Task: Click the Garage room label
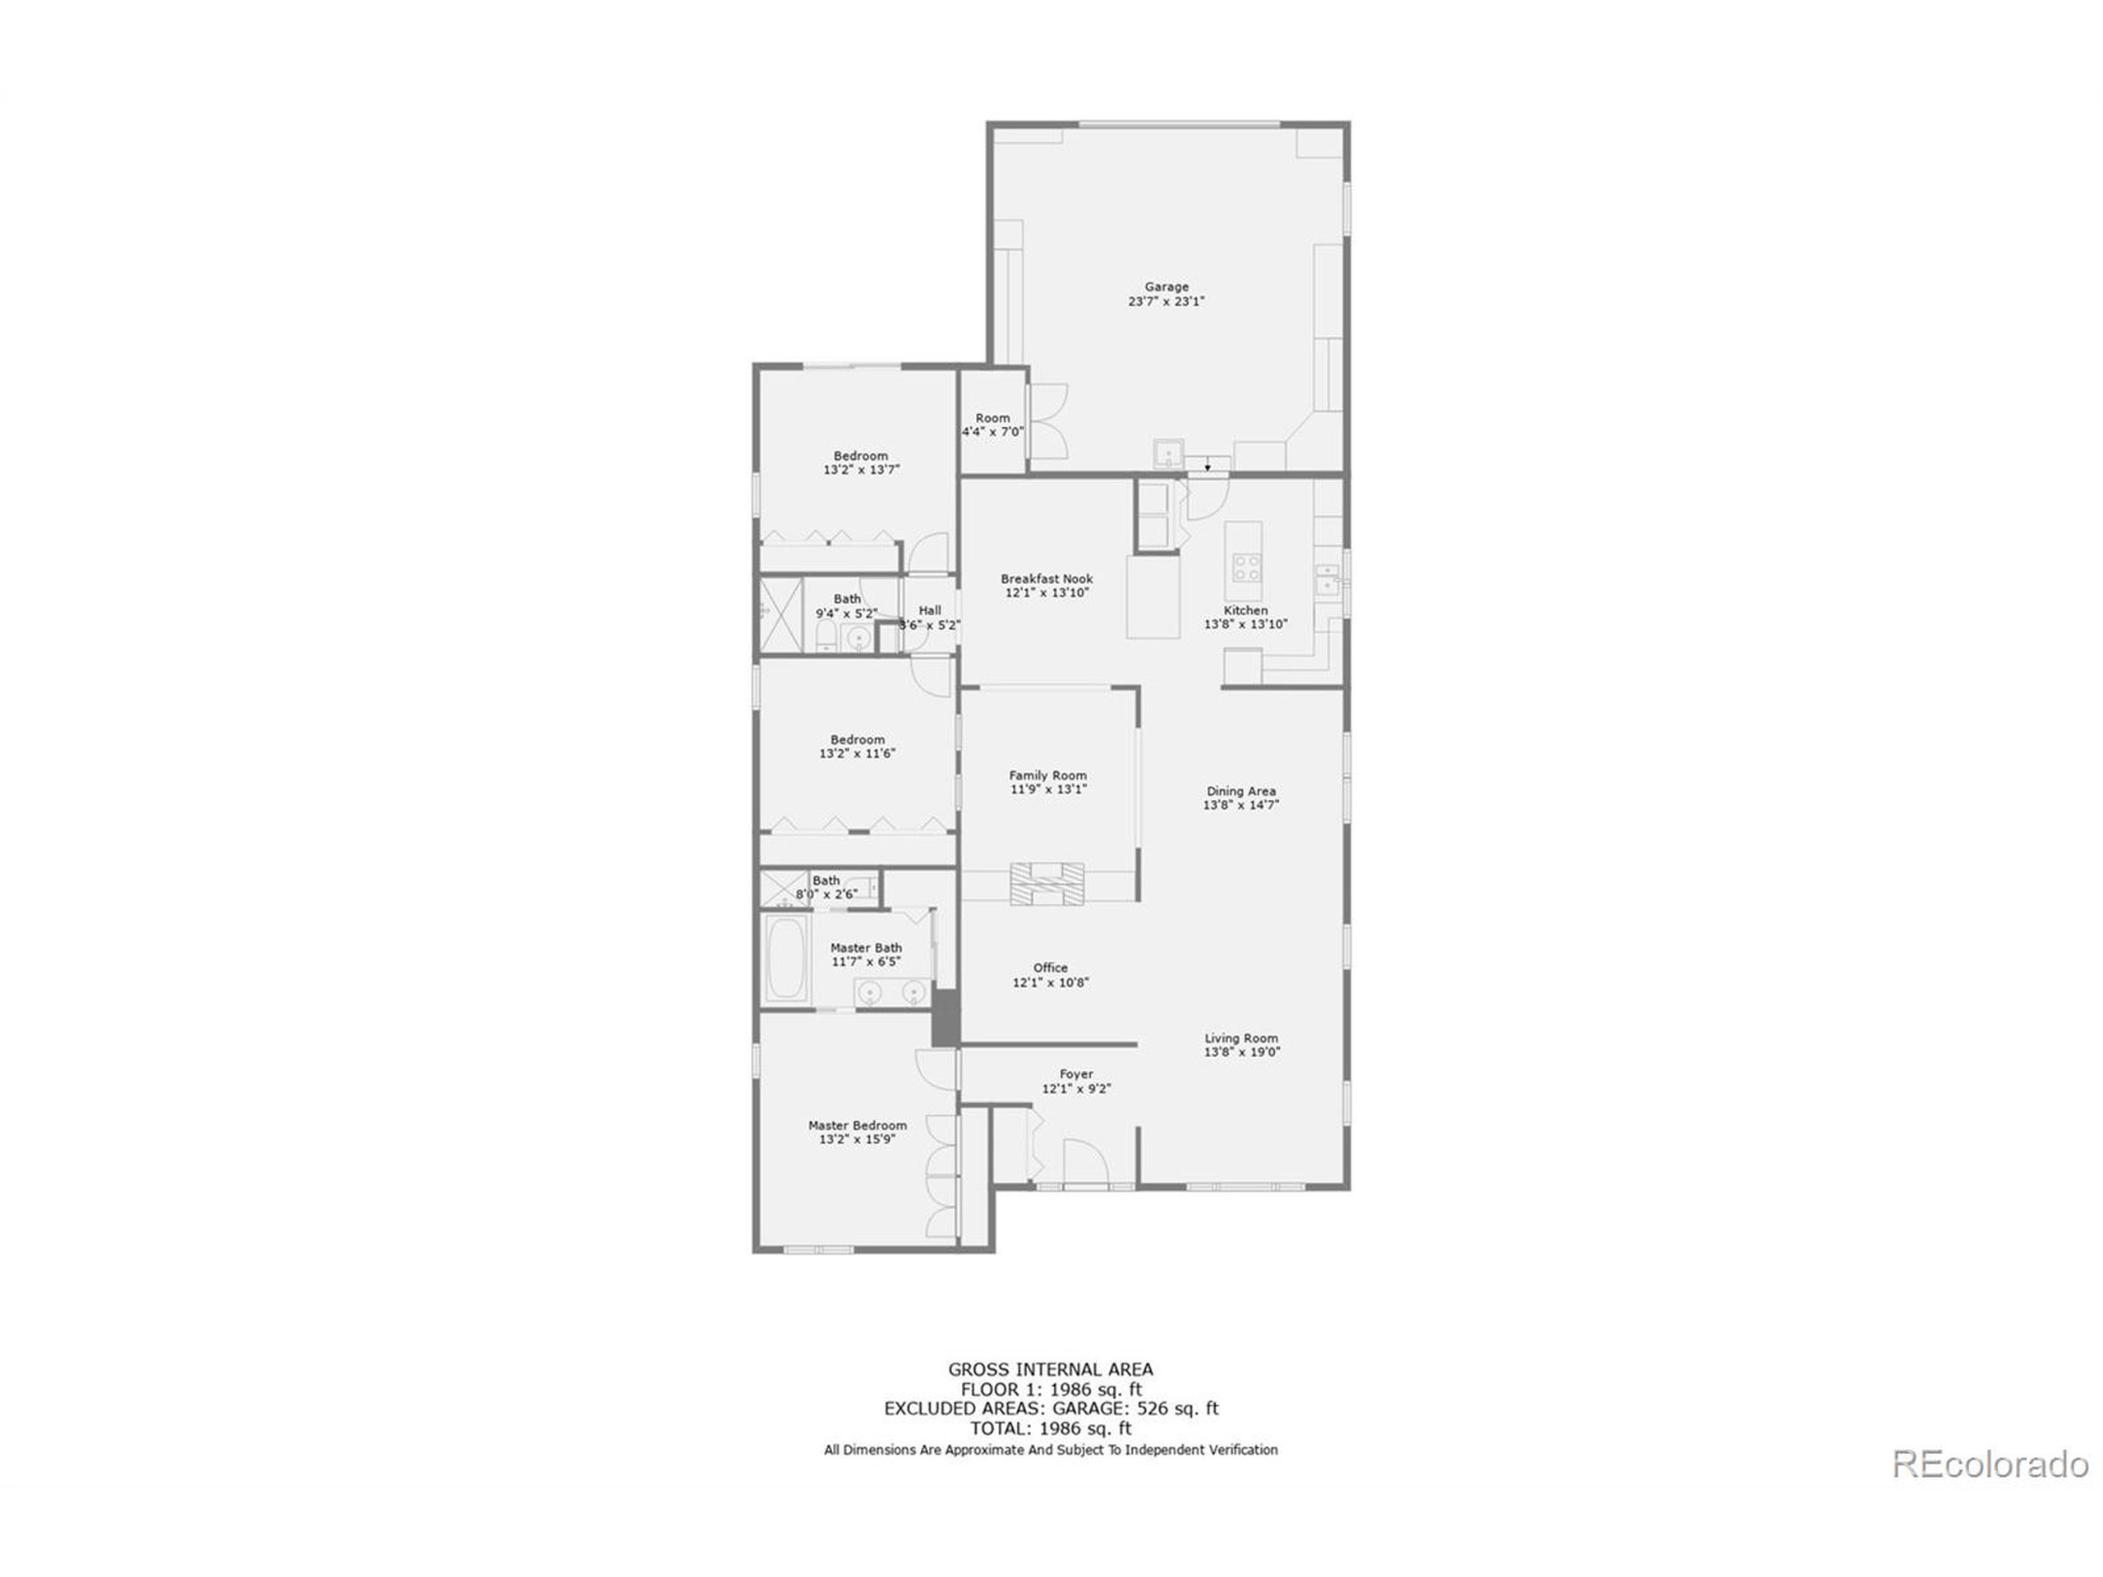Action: click(x=1166, y=286)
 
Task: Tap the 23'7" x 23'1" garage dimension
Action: click(x=1166, y=301)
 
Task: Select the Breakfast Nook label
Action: click(x=1046, y=578)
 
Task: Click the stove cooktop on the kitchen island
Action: click(x=1245, y=568)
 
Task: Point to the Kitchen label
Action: click(x=1245, y=610)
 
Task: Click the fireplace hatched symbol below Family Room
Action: click(x=1046, y=883)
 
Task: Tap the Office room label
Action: click(x=1050, y=968)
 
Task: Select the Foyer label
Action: click(x=1075, y=1074)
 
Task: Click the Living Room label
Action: click(x=1240, y=1038)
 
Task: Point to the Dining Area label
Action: click(x=1240, y=791)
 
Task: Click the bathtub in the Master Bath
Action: click(x=785, y=956)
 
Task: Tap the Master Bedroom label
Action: click(x=857, y=1125)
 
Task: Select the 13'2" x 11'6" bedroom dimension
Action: click(x=857, y=754)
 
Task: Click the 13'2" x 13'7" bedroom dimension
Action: click(x=860, y=470)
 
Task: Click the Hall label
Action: click(x=929, y=610)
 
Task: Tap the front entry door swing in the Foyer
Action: click(x=1085, y=1161)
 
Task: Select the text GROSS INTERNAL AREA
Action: click(x=1050, y=1370)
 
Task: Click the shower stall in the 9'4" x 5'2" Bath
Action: click(x=780, y=615)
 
